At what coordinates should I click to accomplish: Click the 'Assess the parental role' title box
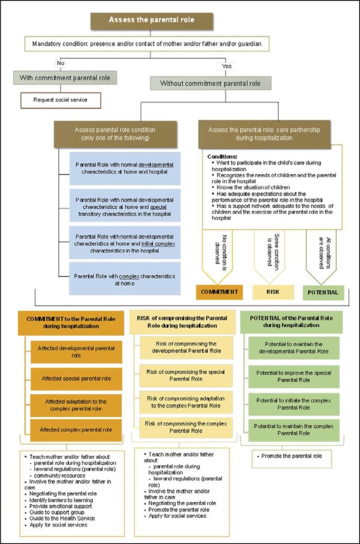(x=151, y=20)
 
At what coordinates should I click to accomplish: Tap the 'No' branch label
(x=61, y=63)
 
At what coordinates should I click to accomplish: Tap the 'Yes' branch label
(x=226, y=66)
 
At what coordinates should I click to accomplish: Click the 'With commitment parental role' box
(x=65, y=78)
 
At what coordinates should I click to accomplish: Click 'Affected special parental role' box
(x=76, y=379)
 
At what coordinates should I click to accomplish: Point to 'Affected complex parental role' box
(x=76, y=429)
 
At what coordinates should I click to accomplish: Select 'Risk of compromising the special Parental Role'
(x=186, y=376)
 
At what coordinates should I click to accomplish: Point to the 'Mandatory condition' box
(x=151, y=43)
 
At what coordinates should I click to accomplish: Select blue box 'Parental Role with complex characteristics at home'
(x=125, y=279)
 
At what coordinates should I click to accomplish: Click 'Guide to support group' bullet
(x=53, y=513)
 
